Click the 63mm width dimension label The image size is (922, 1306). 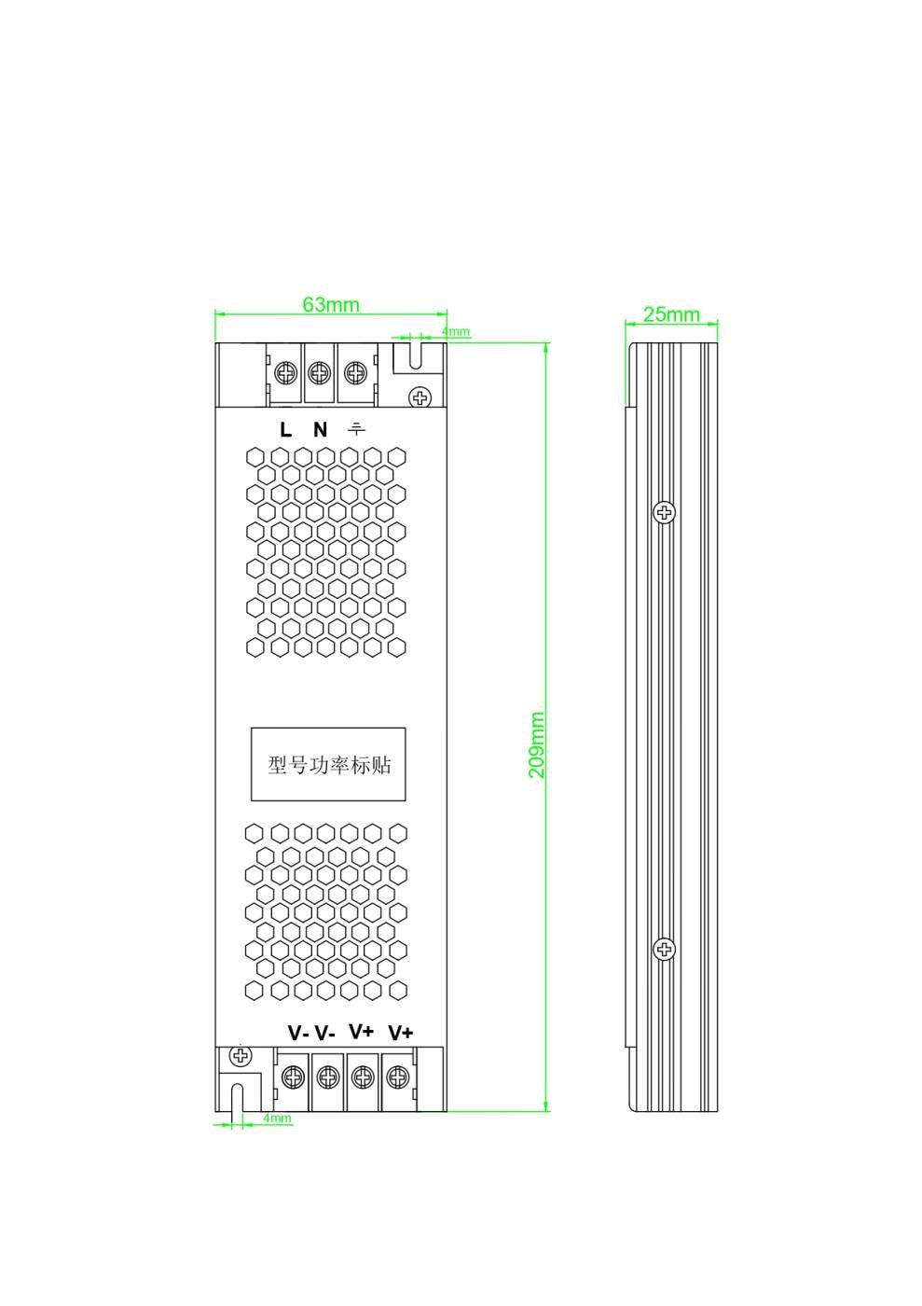(x=330, y=305)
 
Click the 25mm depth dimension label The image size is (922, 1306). (x=671, y=314)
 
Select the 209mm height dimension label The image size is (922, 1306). (x=537, y=744)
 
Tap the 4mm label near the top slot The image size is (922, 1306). (x=456, y=332)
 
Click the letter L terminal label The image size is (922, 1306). (x=285, y=430)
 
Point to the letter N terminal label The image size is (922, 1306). (x=320, y=430)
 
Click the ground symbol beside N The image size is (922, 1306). (x=355, y=429)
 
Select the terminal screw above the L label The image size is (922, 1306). (x=286, y=372)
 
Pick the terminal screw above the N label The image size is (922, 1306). (x=320, y=372)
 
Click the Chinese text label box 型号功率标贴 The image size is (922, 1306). (x=328, y=764)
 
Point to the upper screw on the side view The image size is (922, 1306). (x=664, y=512)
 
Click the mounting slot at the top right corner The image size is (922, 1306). (x=415, y=355)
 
